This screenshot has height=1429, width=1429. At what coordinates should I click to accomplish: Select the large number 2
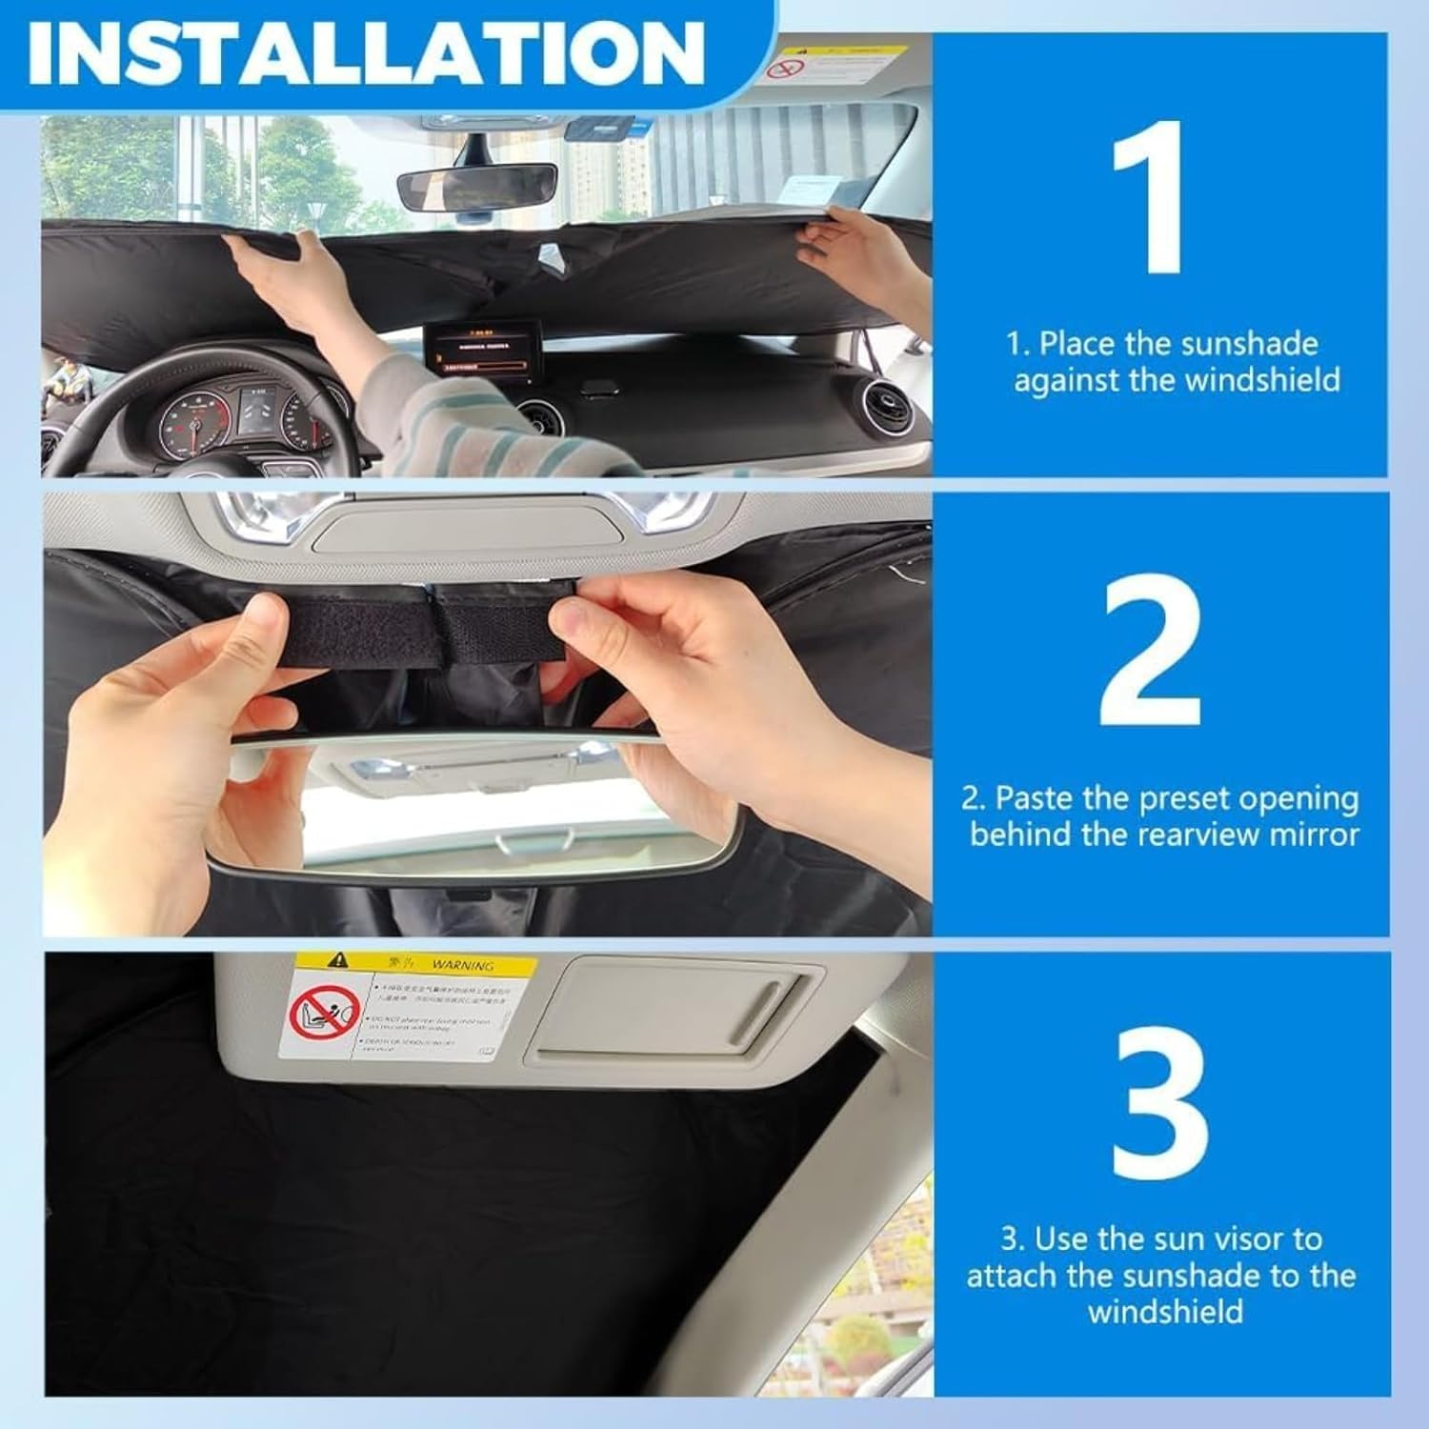[1151, 653]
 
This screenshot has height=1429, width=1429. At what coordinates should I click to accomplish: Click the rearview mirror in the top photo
[476, 189]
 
